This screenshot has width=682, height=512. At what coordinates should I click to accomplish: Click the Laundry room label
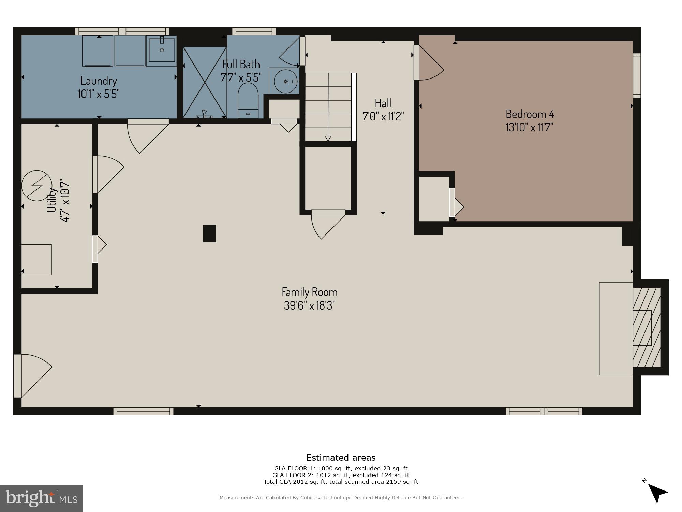point(99,81)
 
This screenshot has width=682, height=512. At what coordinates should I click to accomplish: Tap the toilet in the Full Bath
point(248,101)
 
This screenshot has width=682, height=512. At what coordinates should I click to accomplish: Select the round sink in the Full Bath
point(285,81)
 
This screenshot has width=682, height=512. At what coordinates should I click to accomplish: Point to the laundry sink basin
point(162,50)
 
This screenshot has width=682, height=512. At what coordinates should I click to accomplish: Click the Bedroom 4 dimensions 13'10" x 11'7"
point(529,127)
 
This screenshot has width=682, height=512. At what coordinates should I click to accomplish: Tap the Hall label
point(383,103)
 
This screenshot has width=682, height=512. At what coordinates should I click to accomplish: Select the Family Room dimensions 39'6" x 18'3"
point(310,305)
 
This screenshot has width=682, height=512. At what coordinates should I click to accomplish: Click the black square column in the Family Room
point(209,233)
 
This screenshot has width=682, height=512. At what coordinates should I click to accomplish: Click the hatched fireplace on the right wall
point(647,327)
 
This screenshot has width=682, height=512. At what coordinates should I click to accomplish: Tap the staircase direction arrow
point(328,138)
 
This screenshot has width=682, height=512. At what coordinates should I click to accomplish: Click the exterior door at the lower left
point(31,375)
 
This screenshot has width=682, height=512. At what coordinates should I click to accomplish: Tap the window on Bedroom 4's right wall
point(637,75)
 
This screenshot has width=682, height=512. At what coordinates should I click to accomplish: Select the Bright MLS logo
point(41,498)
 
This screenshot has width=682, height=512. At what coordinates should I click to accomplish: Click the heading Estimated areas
point(341,458)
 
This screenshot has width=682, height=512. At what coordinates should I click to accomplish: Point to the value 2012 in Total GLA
point(300,482)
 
